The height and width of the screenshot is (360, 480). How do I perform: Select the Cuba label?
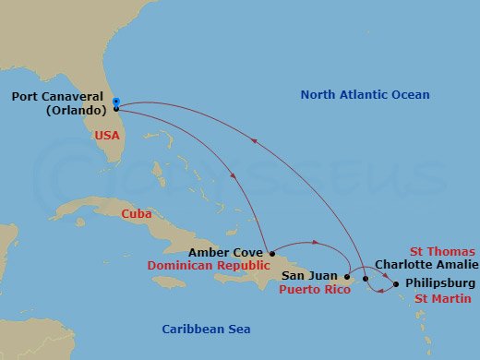(x=136, y=214)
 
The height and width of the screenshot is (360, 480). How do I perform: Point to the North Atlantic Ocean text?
(x=366, y=95)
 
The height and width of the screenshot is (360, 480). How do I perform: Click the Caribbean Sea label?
(x=206, y=330)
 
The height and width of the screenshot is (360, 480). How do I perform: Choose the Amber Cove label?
(x=226, y=251)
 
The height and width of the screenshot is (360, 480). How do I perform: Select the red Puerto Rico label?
(x=313, y=288)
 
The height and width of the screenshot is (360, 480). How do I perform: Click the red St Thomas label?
(x=443, y=251)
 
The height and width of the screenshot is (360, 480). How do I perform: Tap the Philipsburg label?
(x=440, y=282)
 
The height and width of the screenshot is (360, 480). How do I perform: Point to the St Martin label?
(x=443, y=298)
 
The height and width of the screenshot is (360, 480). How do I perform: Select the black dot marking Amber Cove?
(x=270, y=252)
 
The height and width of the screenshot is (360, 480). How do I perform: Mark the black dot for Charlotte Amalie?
(x=366, y=278)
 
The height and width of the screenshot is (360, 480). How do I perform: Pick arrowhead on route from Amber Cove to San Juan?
(x=317, y=244)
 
